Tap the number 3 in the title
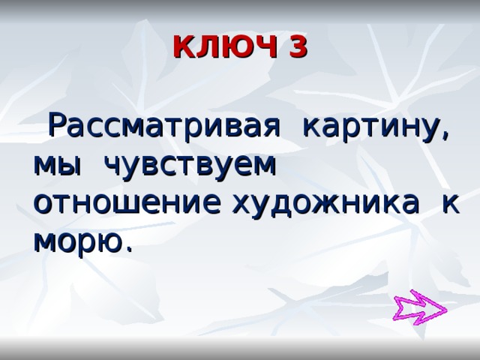296,47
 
